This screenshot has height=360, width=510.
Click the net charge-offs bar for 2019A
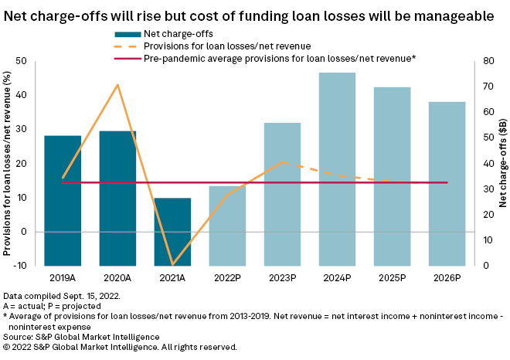tap(63, 200)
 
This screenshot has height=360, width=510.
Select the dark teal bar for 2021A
tap(172, 232)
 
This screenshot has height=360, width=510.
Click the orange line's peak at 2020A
tap(117, 85)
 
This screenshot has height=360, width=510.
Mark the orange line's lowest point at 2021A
tap(172, 265)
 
